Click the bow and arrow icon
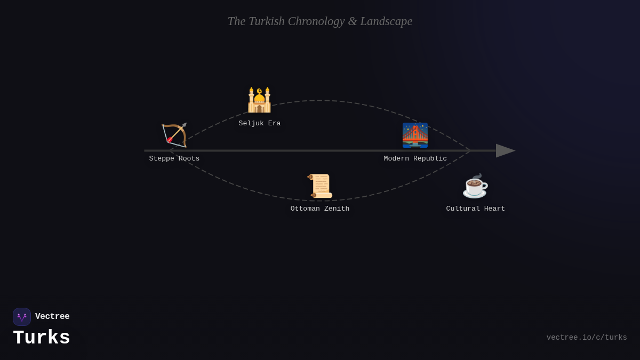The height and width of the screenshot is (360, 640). [x=174, y=135]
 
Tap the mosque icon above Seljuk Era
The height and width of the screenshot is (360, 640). [x=259, y=100]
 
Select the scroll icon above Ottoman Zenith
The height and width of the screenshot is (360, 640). [x=320, y=186]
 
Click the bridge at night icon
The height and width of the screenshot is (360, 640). [x=415, y=135]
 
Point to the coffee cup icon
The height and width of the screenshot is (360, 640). [x=475, y=186]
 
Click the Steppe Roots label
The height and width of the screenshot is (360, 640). [x=174, y=158]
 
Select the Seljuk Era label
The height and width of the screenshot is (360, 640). [x=260, y=123]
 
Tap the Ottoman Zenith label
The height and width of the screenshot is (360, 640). [x=320, y=209]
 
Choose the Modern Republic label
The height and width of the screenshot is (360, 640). [x=415, y=158]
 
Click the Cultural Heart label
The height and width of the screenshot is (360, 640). [x=476, y=209]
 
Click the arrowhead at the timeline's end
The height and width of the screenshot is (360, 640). [x=505, y=150]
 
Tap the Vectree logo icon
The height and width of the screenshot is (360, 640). [x=22, y=317]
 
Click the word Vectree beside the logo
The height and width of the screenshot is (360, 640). [x=52, y=317]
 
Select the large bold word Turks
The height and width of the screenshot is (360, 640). [x=42, y=338]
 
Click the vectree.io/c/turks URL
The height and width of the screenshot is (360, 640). [x=587, y=338]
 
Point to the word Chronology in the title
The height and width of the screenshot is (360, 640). [x=316, y=21]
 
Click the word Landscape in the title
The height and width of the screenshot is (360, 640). [x=386, y=21]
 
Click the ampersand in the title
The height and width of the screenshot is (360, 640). [x=353, y=21]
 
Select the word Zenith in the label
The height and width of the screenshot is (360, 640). [x=337, y=209]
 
